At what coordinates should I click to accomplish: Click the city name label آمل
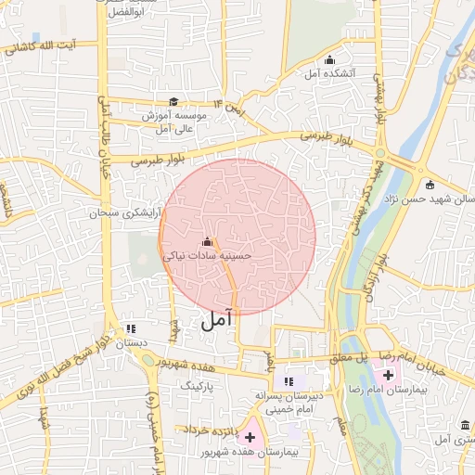214,321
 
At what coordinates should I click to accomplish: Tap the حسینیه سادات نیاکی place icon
206,243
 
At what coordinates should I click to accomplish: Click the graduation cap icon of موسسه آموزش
173,102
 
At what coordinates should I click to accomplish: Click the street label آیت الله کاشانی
45,46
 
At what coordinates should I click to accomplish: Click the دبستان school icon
131,328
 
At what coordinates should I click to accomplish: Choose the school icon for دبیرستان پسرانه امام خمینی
289,381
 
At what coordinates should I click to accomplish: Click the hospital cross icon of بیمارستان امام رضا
388,374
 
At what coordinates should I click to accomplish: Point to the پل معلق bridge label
352,356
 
